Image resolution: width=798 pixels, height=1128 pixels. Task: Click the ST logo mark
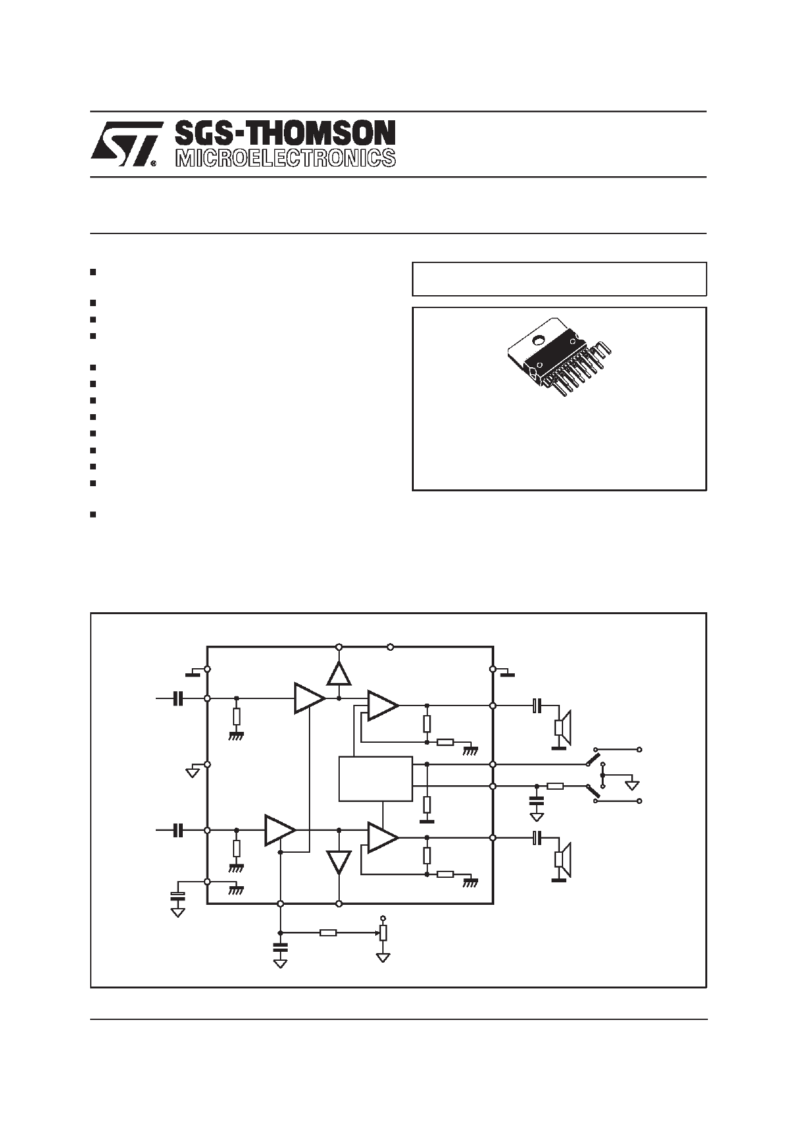[x=125, y=144]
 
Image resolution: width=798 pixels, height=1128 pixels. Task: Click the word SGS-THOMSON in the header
[x=285, y=133]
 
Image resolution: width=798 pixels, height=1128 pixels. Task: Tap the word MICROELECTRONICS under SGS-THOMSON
[x=285, y=158]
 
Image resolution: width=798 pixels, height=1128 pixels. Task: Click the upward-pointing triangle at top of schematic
[x=339, y=674]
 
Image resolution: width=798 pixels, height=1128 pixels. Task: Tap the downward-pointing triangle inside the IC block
[x=339, y=862]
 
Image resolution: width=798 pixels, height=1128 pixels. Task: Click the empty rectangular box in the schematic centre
[x=375, y=779]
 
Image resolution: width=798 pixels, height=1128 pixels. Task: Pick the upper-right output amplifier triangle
[x=382, y=705]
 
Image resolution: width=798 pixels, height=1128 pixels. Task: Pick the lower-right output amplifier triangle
[x=382, y=837]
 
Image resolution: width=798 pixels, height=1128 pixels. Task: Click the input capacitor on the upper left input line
[x=178, y=698]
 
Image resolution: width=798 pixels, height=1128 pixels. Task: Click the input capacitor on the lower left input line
[x=178, y=830]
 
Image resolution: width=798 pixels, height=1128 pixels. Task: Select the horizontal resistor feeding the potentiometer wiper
[x=328, y=932]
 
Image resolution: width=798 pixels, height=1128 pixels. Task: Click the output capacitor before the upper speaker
[x=538, y=705]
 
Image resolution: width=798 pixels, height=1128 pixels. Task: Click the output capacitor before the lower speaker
[x=538, y=837]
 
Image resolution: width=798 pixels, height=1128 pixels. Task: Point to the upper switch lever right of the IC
[x=593, y=760]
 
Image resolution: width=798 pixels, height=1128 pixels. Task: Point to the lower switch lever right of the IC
[x=593, y=792]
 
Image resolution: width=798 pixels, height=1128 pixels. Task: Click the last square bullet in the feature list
[x=93, y=514]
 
